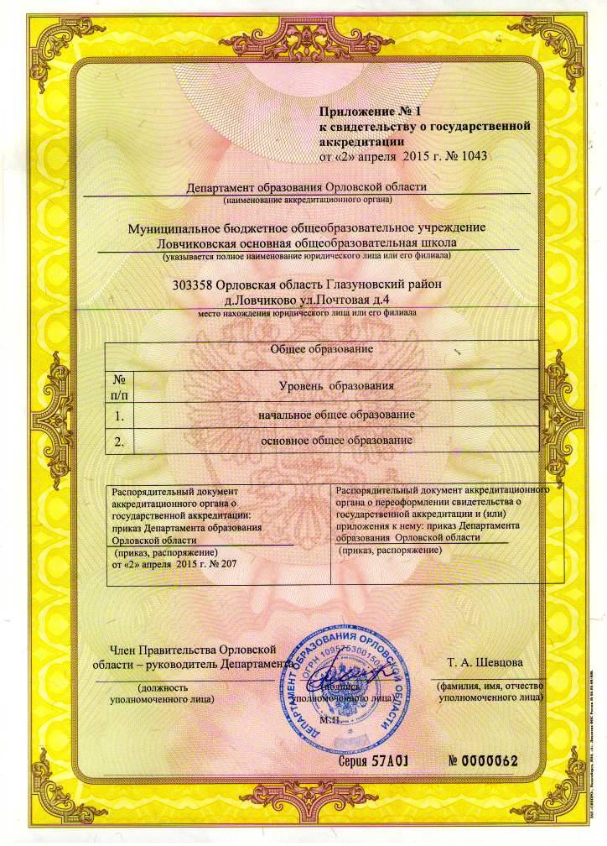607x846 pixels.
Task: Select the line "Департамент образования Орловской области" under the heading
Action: click(307, 187)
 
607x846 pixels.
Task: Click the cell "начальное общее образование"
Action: click(337, 415)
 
